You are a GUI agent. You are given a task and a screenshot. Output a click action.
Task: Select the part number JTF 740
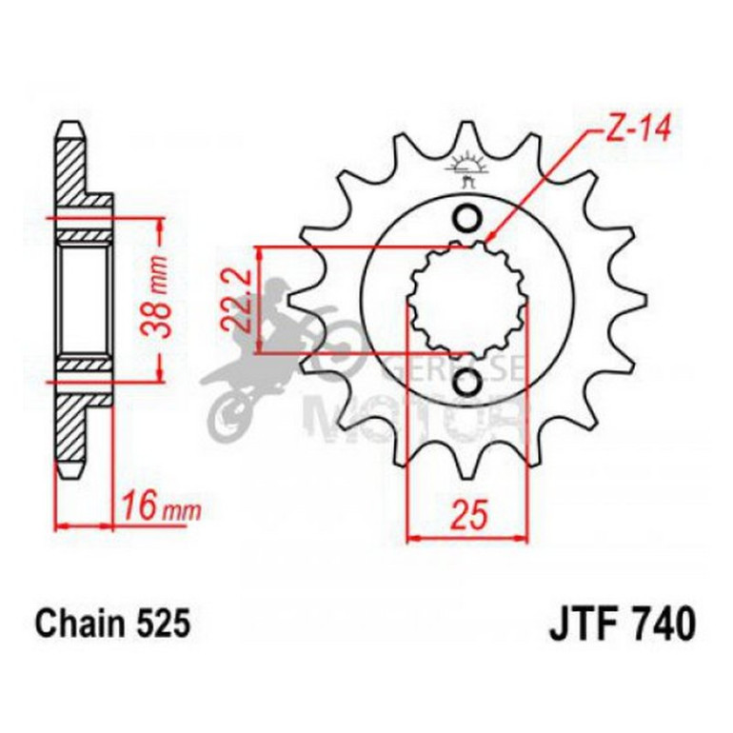click(x=622, y=624)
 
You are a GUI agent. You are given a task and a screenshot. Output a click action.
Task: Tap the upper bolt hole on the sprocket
click(x=467, y=219)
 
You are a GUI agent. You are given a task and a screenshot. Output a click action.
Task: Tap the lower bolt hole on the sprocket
click(x=467, y=384)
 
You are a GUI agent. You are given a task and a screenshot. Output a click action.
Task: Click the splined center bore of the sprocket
click(x=467, y=301)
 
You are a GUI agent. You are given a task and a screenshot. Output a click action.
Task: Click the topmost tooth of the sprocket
click(x=466, y=138)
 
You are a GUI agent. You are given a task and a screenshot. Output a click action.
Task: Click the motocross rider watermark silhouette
click(x=267, y=362)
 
